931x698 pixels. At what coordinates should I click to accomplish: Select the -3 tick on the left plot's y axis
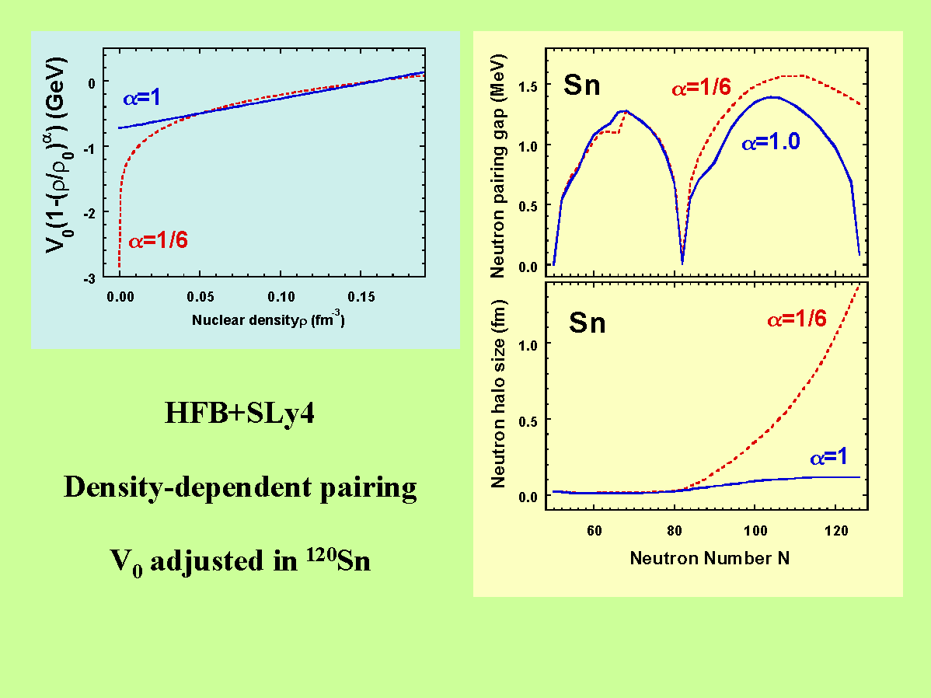91,277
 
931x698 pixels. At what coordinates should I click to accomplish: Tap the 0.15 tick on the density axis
361,296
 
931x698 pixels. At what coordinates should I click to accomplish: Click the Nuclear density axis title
268,319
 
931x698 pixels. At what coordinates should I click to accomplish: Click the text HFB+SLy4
239,414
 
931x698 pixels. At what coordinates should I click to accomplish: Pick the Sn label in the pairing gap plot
582,85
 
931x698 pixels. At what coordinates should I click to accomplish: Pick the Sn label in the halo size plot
588,322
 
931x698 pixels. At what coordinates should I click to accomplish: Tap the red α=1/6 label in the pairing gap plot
701,88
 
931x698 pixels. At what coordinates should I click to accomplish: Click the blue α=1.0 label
770,142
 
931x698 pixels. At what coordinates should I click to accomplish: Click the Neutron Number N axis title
710,557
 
